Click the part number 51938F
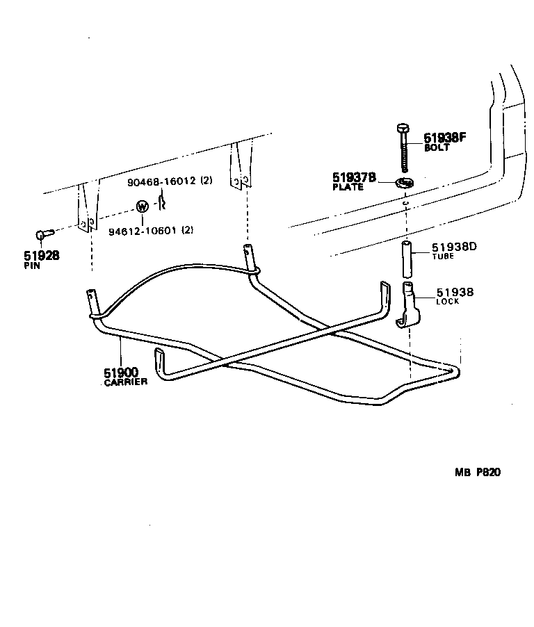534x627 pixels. (x=445, y=138)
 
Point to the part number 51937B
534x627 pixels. (x=355, y=178)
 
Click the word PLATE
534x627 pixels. (x=347, y=187)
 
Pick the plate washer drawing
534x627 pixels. (x=405, y=183)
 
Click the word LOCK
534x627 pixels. (x=447, y=302)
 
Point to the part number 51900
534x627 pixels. (x=121, y=373)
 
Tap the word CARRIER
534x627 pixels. (x=125, y=382)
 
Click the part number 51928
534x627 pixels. (x=41, y=255)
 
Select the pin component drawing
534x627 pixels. (x=42, y=236)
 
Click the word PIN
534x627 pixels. (x=32, y=266)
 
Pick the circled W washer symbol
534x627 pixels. (x=142, y=206)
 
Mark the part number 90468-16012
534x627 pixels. (x=162, y=182)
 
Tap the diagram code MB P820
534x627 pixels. (x=478, y=473)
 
